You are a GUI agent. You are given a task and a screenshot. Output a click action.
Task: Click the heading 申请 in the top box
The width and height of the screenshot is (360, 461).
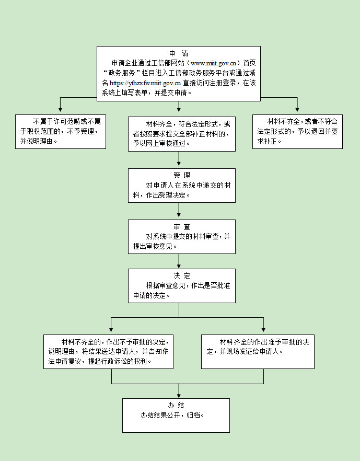click(179, 53)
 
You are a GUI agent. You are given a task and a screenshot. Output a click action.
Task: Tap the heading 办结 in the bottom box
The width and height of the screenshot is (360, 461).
click(176, 405)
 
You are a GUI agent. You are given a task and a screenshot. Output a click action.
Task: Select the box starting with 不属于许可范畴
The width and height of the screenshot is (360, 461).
click(61, 131)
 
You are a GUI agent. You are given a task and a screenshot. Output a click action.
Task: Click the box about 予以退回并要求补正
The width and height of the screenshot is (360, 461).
click(297, 131)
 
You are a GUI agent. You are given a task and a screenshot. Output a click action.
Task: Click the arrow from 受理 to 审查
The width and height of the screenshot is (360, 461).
click(179, 211)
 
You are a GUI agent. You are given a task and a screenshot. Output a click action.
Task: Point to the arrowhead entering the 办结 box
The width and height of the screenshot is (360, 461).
click(179, 395)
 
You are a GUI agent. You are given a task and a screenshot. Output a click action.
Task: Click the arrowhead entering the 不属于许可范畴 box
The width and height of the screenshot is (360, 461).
click(61, 111)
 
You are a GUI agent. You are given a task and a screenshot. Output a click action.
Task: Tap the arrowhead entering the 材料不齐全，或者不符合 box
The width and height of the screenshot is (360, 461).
click(297, 111)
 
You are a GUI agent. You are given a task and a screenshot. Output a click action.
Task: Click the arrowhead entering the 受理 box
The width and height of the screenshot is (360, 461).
click(179, 165)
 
